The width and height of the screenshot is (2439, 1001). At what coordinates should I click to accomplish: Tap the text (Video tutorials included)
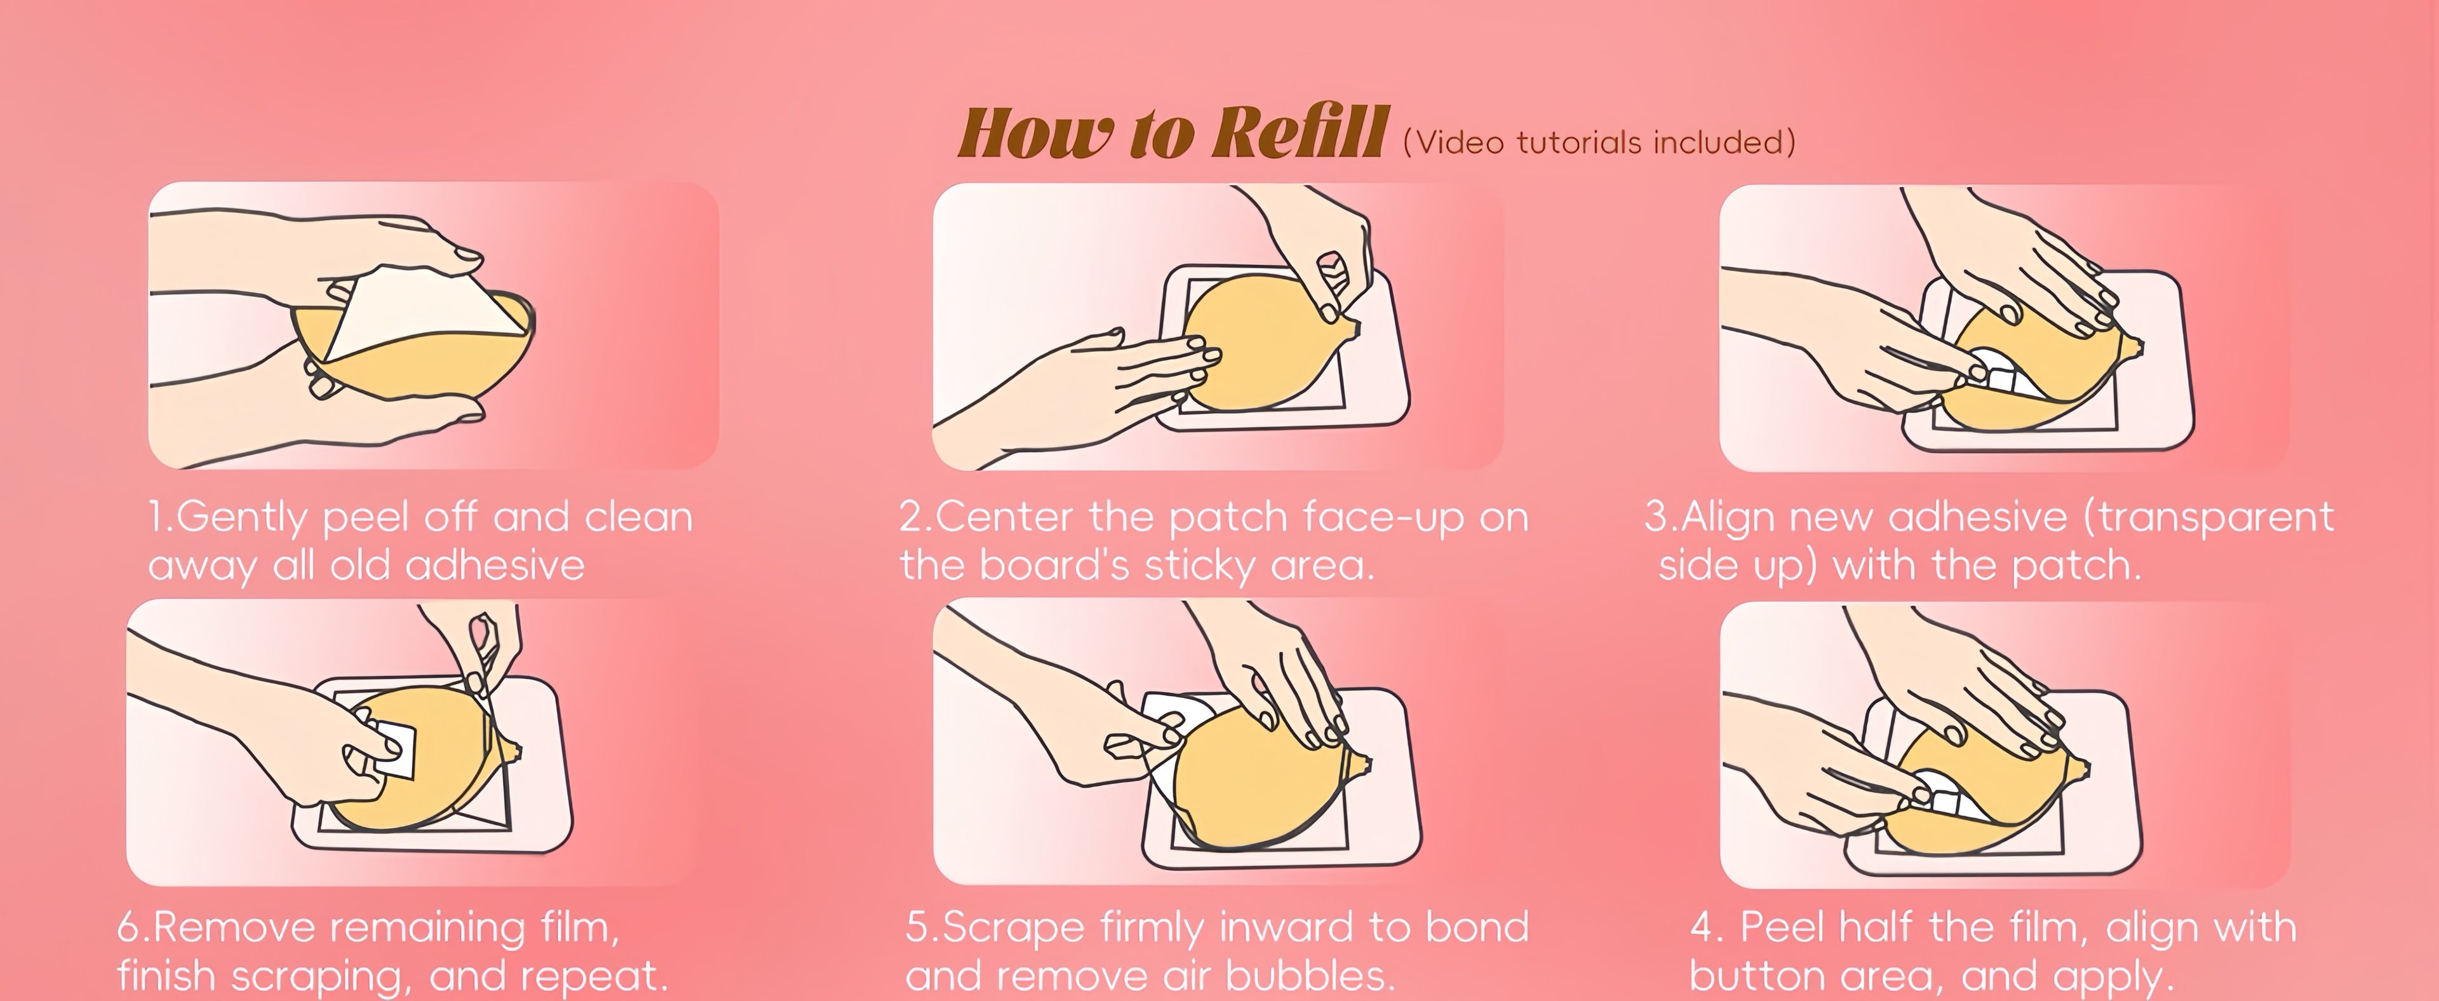click(x=1598, y=142)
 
